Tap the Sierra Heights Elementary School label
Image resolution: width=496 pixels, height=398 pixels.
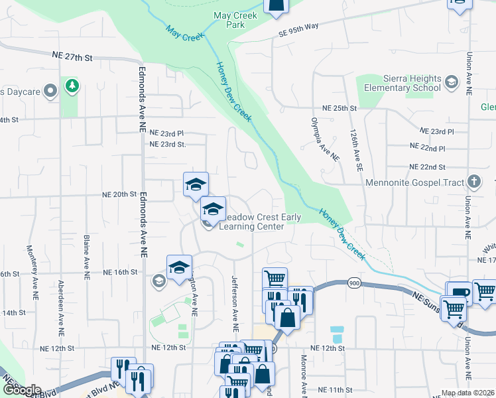(x=399, y=83)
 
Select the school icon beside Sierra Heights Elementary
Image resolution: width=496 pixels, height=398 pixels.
(x=452, y=82)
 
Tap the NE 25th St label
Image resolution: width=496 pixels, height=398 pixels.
(x=340, y=108)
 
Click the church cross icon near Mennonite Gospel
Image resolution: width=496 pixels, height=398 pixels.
(x=473, y=181)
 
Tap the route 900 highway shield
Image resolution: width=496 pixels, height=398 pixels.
(x=351, y=283)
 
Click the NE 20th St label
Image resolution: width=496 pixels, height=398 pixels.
(x=119, y=194)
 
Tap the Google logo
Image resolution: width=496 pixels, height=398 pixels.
(x=22, y=390)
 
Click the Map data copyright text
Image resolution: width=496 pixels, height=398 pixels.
(x=468, y=393)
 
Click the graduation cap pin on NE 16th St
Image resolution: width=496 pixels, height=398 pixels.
(x=179, y=267)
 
